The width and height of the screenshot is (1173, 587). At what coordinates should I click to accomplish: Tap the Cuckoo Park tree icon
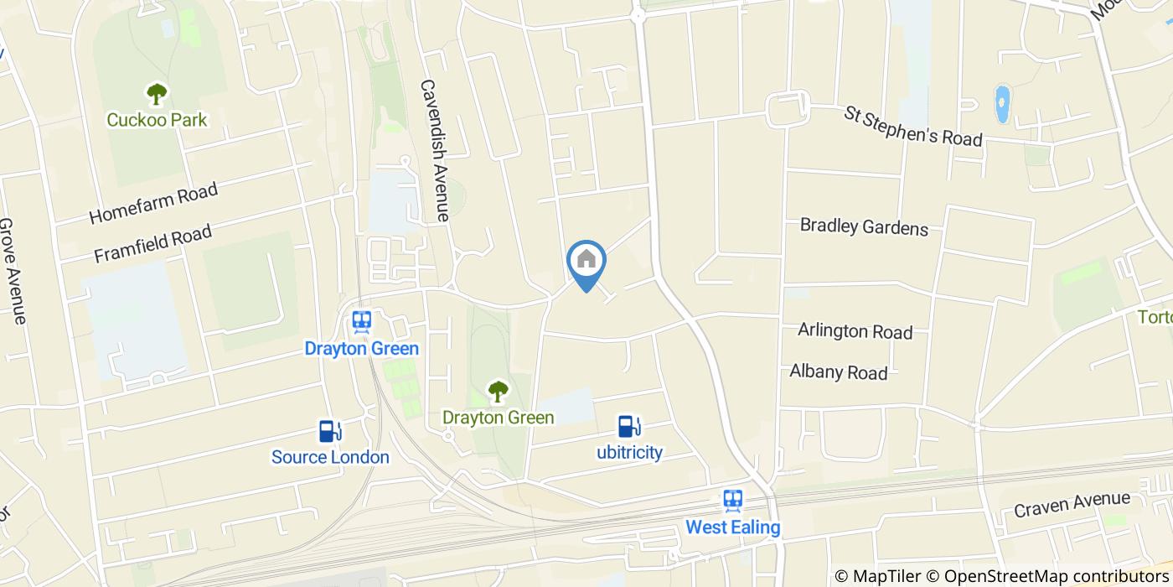point(157,93)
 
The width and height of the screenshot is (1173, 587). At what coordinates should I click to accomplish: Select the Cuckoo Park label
point(157,120)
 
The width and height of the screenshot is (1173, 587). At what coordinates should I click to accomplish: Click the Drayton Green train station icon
point(362,321)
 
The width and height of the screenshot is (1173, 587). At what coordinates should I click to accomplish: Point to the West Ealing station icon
point(733,501)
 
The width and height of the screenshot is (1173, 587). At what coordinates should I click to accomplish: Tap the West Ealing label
point(733,527)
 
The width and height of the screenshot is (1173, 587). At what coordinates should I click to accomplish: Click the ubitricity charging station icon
point(629,427)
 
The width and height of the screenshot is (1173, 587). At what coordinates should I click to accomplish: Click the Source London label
point(330,457)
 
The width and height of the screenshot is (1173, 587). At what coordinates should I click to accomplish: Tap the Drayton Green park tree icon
point(499,391)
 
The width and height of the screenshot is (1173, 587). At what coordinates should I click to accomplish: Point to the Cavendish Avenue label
point(435,151)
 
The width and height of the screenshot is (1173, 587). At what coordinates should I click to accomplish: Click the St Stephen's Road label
point(912,126)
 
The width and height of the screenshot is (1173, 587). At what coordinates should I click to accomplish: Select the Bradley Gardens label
point(864,226)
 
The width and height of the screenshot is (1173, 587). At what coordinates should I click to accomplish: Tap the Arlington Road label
point(855,330)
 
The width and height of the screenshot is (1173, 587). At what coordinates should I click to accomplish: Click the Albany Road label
point(838,371)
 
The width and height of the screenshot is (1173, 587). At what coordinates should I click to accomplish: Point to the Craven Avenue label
point(1072,505)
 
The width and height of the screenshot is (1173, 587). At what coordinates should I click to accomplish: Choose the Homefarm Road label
point(153,203)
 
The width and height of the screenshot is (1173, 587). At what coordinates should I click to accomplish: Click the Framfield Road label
point(152,243)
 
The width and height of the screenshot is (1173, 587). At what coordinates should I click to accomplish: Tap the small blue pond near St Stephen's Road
point(1002,104)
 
